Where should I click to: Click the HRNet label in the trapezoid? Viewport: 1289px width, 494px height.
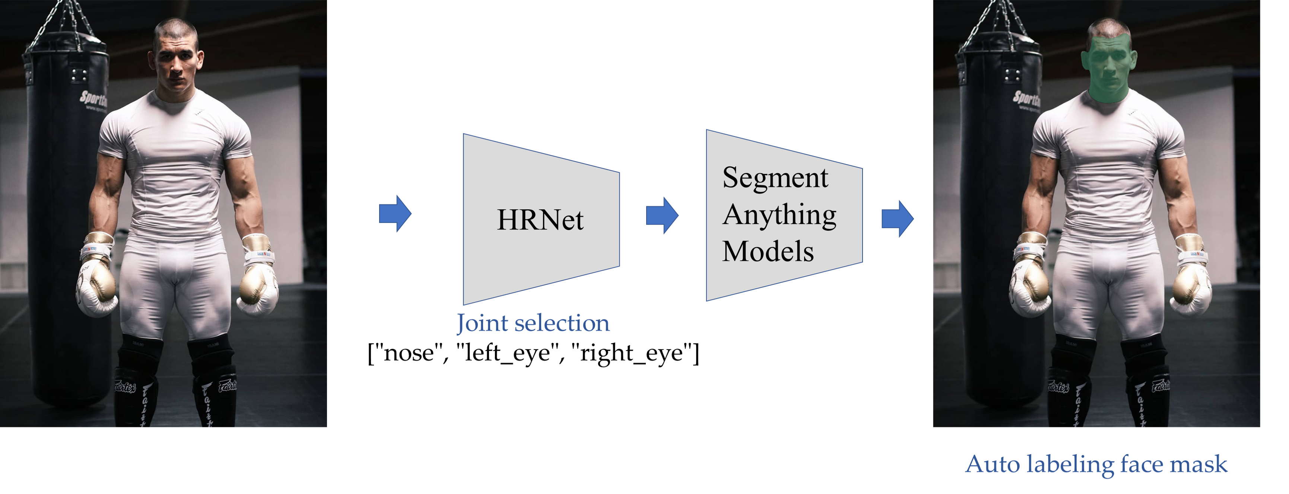(540, 220)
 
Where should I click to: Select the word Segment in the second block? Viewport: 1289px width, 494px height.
(775, 178)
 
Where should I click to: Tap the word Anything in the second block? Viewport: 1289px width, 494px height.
(780, 215)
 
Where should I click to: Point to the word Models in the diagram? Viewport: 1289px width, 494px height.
(768, 252)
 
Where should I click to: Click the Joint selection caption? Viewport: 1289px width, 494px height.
(533, 324)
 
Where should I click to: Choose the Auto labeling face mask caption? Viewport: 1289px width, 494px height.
(1096, 465)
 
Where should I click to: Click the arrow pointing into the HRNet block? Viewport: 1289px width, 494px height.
(395, 214)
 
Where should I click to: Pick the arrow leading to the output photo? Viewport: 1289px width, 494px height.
(898, 219)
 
